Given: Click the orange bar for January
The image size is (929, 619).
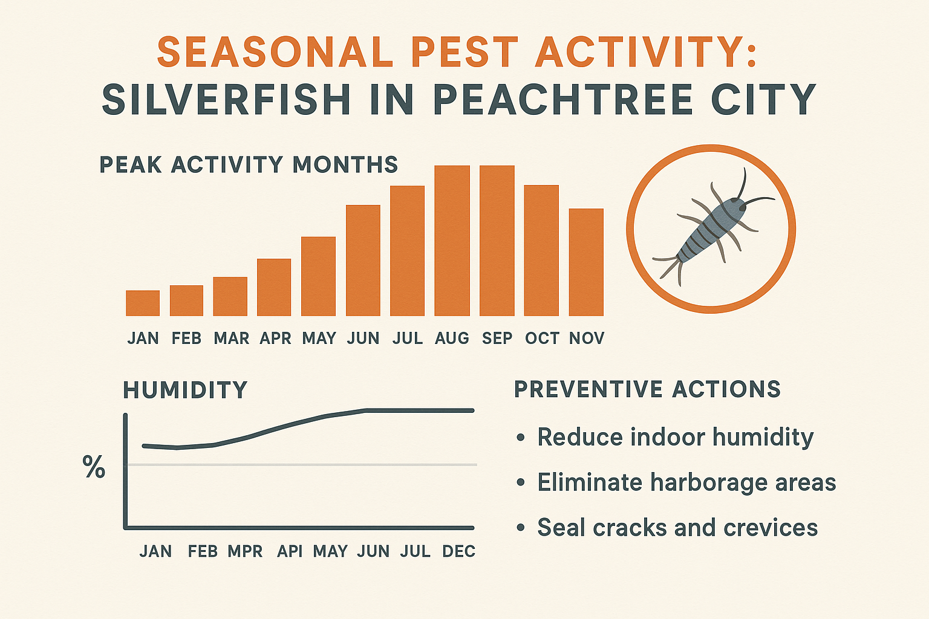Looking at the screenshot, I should pos(143,303).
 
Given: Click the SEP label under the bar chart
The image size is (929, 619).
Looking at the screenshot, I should pos(497,339).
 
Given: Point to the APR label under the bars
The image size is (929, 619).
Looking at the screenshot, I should pos(275,339).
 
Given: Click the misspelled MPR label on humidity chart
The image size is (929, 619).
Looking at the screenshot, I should pos(245,551).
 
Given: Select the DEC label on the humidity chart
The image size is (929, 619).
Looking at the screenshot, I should pos(458,551).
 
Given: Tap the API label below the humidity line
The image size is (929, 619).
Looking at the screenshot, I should pos(290,551).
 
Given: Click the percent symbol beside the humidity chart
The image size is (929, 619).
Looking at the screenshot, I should pos(94,467).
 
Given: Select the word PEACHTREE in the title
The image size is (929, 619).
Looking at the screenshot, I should pos(563,100).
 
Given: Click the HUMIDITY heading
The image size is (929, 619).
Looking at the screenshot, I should pos(185,390).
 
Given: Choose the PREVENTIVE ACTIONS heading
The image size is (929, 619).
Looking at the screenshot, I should pos(647,389).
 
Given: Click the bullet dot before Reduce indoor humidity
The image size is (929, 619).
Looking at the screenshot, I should pos(520,438).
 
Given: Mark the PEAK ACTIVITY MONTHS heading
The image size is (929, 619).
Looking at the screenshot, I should pos(249,164).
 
